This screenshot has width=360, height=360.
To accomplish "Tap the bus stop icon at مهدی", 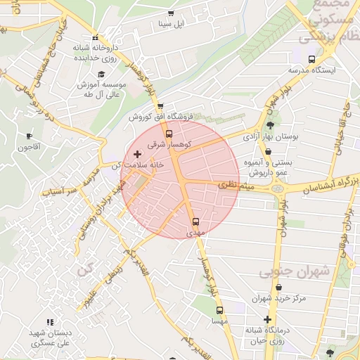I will [195, 221].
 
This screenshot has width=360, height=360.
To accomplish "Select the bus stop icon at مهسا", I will [219, 310].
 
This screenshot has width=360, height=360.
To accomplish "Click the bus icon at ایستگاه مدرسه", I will [312, 60].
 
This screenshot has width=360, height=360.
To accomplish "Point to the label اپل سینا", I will [169, 25].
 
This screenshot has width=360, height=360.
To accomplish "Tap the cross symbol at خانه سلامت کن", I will [137, 153].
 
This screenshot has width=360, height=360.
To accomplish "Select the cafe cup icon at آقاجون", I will [29, 136].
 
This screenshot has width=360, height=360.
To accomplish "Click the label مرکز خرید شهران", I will [279, 298].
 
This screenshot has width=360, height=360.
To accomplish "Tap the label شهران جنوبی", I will [284, 272].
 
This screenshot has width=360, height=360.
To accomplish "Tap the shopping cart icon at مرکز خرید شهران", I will [279, 288].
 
